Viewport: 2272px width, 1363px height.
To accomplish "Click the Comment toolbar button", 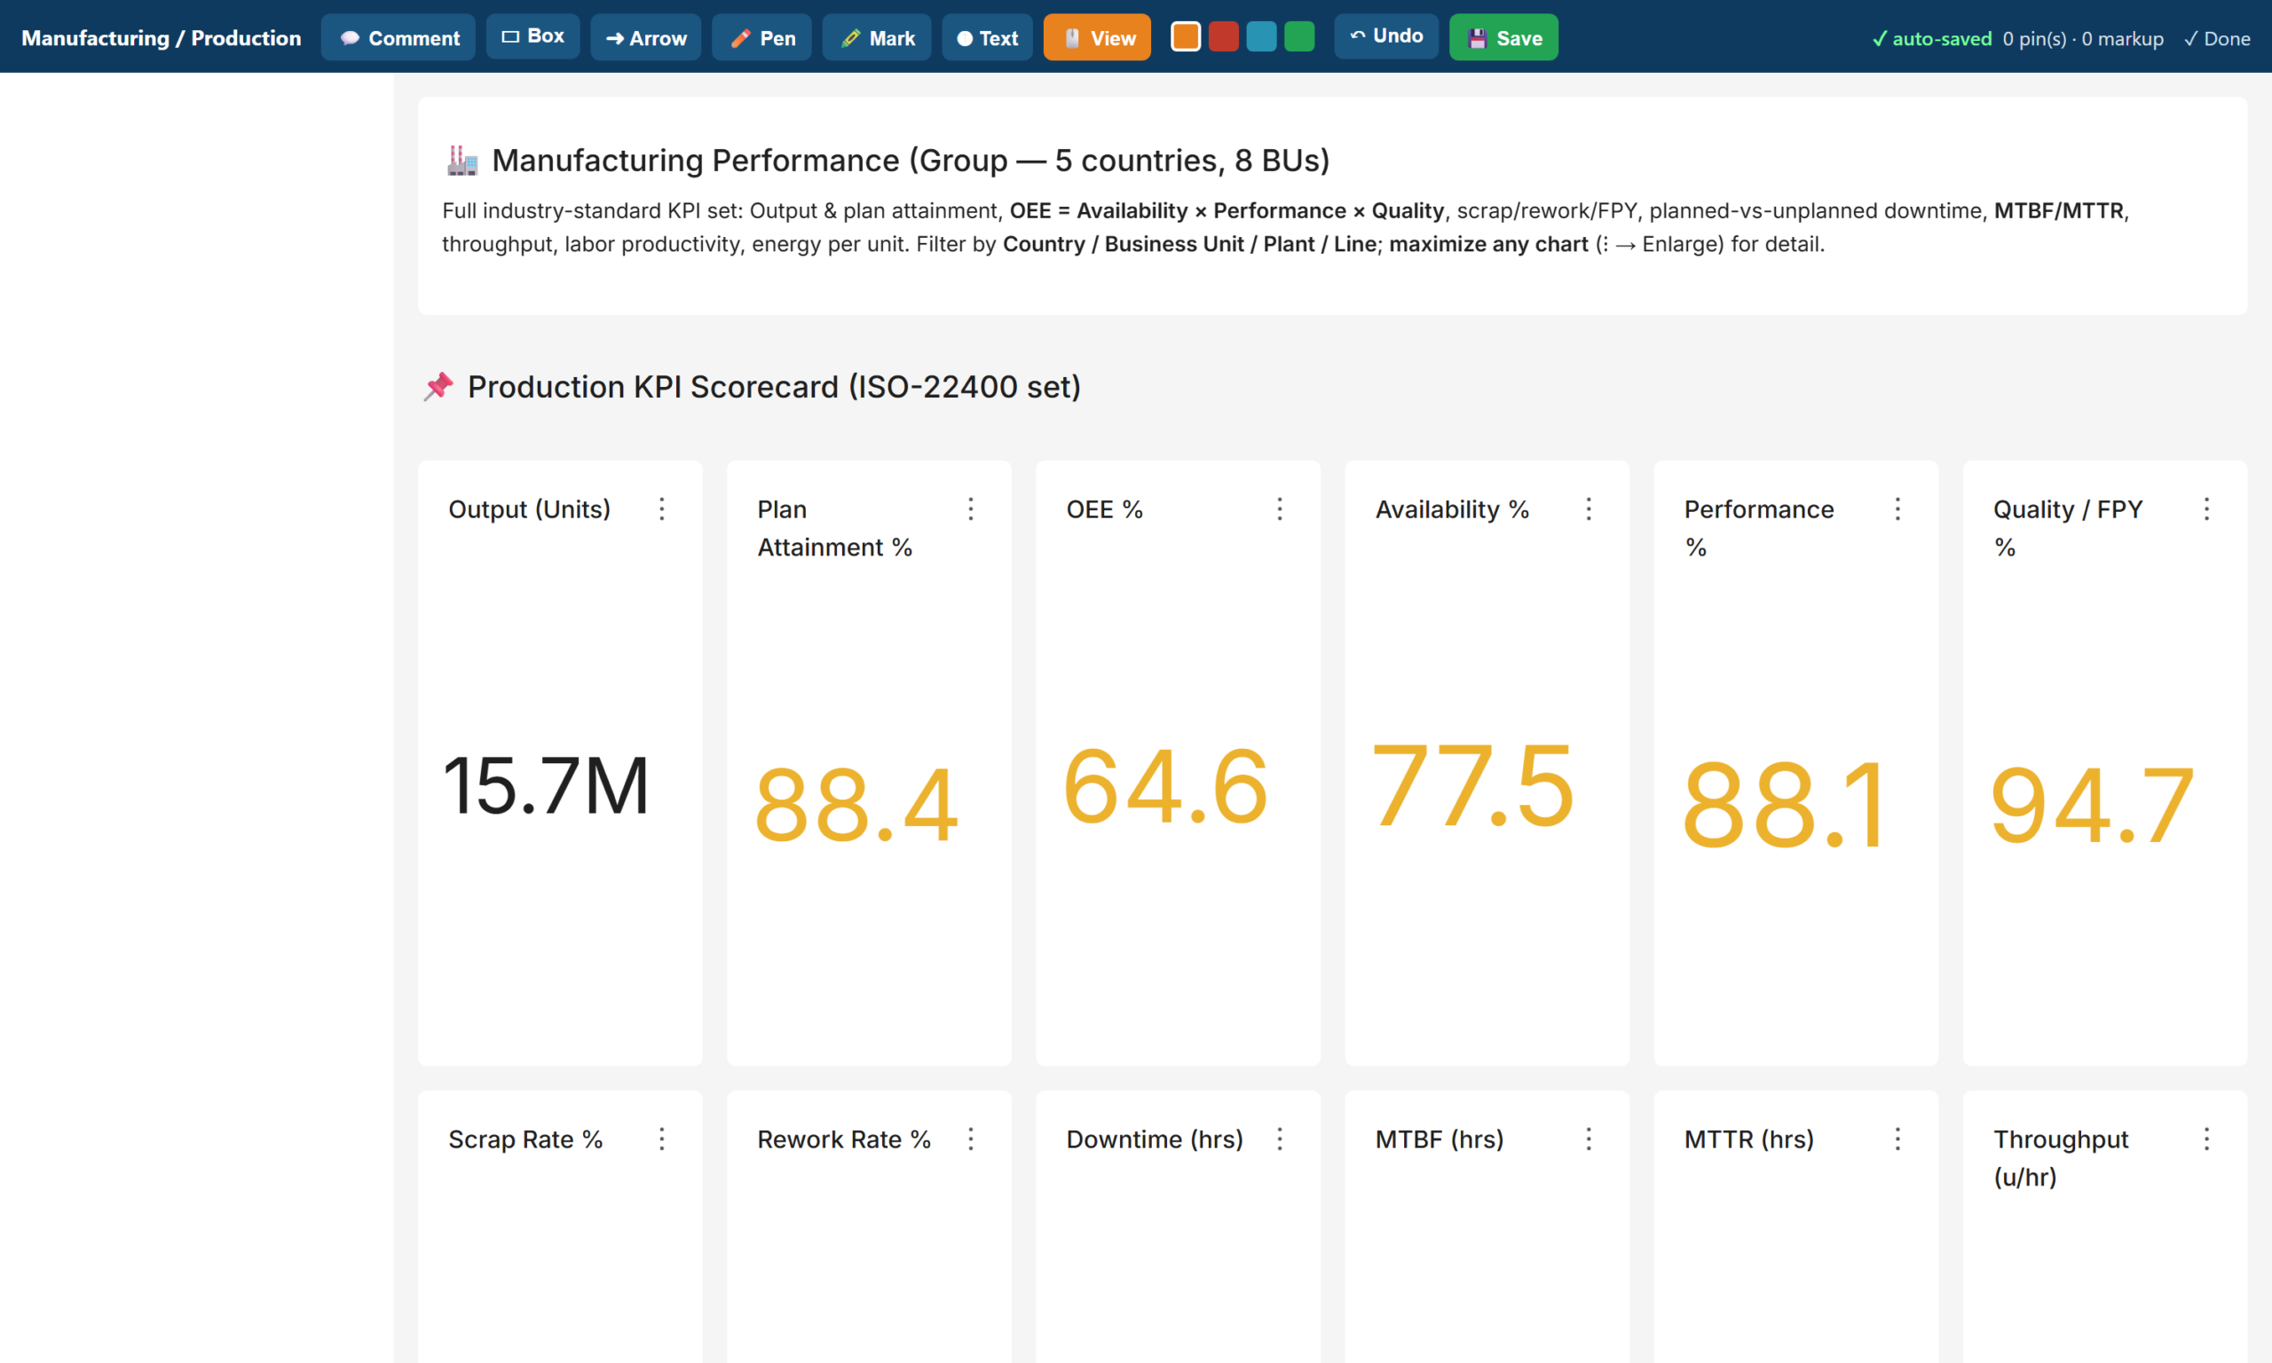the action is coord(398,37).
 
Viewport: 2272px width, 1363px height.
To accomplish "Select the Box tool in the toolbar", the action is coord(532,36).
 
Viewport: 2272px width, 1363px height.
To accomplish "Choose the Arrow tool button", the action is coord(645,37).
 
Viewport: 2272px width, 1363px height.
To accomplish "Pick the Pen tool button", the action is coord(761,37).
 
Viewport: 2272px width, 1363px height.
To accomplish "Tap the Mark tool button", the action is coord(877,37).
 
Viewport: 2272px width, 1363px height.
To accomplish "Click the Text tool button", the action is coord(987,37).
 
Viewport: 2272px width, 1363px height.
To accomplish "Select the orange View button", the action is coord(1098,37).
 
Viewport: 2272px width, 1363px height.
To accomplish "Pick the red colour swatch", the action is coord(1224,36).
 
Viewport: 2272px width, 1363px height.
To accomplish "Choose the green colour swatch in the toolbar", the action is coord(1299,36).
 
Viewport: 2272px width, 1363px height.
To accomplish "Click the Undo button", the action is coord(1385,36).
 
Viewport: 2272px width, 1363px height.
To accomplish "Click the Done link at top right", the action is coord(2217,38).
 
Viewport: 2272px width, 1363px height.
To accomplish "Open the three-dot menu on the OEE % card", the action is coord(1279,508).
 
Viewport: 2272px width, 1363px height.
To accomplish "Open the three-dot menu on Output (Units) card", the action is coord(661,508).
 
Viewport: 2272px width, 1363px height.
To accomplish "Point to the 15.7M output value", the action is coord(547,786).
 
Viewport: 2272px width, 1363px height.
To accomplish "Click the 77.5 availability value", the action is coord(1473,786).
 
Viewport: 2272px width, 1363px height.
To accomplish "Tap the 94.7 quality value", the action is coord(2092,806).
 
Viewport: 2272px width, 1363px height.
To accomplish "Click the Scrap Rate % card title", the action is coord(525,1138).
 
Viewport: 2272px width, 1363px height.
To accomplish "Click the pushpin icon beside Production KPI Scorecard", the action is coord(438,387).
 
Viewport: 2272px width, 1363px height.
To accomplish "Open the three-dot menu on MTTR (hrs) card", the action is coord(1897,1138).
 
